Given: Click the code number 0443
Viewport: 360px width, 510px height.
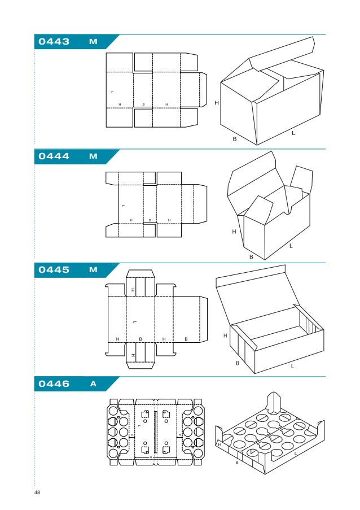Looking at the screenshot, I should (54, 42).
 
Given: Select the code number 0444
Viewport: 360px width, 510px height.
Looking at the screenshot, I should (54, 156).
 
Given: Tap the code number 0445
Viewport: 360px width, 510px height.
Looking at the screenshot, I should (54, 270).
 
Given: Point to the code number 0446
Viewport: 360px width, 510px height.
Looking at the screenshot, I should (54, 384).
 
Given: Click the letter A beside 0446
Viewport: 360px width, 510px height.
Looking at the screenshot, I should (93, 384).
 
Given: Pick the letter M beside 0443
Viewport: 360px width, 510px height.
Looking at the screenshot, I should (93, 42).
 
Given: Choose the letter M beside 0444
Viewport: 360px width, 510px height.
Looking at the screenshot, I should (93, 156).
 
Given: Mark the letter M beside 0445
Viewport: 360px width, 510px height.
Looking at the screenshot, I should (93, 270).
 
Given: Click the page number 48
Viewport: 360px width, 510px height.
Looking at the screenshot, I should (37, 493).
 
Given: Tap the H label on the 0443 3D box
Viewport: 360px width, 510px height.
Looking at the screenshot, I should (216, 102).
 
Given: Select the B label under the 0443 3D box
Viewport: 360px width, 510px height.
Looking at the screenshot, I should (234, 138).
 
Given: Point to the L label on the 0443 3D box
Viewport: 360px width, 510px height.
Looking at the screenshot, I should (293, 134).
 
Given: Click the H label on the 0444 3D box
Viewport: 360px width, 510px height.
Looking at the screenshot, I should (234, 231).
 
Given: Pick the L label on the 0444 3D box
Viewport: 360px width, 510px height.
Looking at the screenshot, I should (291, 246).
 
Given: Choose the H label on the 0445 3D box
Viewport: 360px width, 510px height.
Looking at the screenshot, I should (225, 335).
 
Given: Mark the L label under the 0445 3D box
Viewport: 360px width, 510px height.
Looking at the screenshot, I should (292, 366).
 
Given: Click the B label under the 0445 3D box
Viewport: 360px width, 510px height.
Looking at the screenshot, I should (237, 363).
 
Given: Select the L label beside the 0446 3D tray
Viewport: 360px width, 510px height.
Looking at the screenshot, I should (296, 454).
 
